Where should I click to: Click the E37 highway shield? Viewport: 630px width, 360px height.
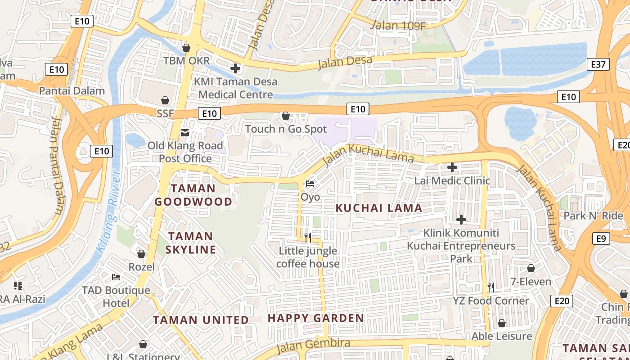coord(598,64)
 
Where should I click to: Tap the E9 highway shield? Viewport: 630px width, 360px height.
coord(601,238)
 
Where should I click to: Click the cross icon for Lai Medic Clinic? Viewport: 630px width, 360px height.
coord(452,168)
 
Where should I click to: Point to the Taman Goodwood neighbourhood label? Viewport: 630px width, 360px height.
coord(193,195)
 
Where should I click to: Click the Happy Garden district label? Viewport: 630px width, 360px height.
coord(316,318)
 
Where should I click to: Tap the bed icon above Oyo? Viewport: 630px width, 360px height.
coord(310,184)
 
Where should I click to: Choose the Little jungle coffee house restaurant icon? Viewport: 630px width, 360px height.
coord(308,237)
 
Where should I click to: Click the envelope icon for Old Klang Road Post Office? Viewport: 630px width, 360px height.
coord(185,132)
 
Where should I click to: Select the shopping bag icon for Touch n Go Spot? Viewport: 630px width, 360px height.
coord(285,116)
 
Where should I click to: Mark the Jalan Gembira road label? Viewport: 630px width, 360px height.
coord(313,345)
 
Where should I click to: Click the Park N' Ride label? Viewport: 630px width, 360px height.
coord(593,216)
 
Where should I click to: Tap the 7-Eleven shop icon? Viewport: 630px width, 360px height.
coord(531,268)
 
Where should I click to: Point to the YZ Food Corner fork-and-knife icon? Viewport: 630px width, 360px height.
coord(491,287)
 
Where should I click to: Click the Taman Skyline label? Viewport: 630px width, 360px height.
coord(191,243)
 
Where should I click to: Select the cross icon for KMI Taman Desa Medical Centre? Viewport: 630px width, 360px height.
coord(235,68)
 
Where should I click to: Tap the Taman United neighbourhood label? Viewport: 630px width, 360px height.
coord(201,320)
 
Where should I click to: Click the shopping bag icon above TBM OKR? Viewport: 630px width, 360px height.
coord(186,47)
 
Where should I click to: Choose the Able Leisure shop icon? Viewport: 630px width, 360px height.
coord(502,323)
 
